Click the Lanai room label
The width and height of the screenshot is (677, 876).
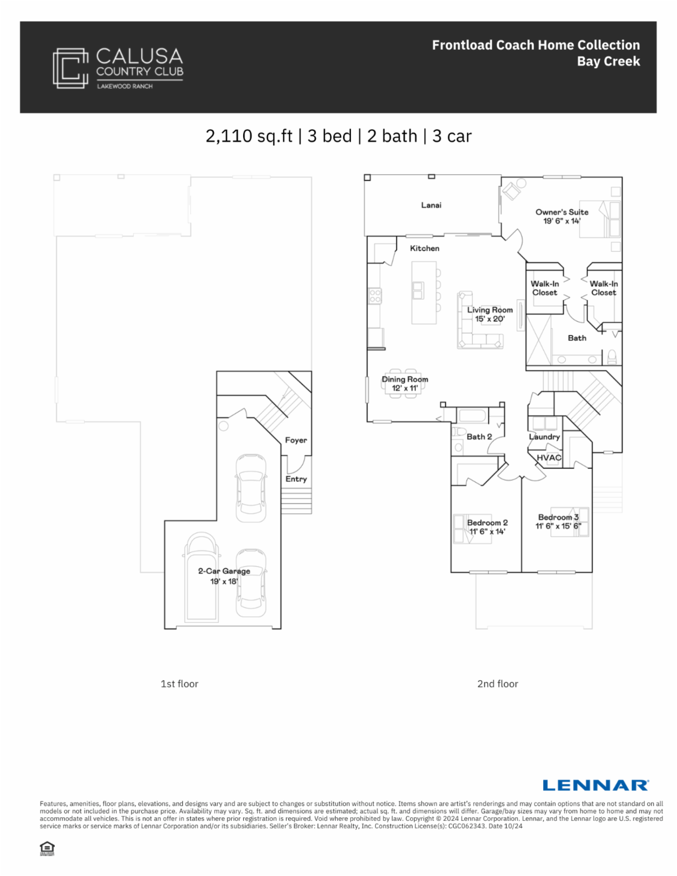[x=431, y=205]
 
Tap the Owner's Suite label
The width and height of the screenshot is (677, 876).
[x=562, y=212]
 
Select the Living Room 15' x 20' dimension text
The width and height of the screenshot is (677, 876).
[x=490, y=319]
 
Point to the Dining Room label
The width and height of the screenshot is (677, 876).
[x=405, y=380]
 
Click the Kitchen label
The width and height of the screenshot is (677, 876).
[x=425, y=248]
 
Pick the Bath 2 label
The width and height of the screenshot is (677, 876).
[x=479, y=437]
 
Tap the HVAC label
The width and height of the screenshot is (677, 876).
[x=549, y=457]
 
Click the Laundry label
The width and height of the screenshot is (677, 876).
[x=544, y=437]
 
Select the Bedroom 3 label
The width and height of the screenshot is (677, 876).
[x=559, y=517]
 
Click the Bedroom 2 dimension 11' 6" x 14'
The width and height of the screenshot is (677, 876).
[x=487, y=531]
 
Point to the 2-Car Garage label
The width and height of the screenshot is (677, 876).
[x=224, y=571]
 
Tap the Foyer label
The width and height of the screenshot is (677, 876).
[x=296, y=440]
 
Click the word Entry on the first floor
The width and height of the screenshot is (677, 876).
[x=296, y=479]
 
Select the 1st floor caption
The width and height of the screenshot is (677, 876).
[x=179, y=684]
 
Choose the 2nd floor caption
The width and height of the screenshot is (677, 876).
[x=498, y=684]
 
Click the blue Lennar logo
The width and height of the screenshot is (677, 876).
[x=596, y=785]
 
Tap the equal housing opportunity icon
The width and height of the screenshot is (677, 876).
[x=47, y=848]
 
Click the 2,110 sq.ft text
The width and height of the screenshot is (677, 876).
[x=249, y=137]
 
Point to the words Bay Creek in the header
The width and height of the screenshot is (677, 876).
[x=608, y=61]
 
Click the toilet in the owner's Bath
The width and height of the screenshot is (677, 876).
[x=612, y=357]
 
